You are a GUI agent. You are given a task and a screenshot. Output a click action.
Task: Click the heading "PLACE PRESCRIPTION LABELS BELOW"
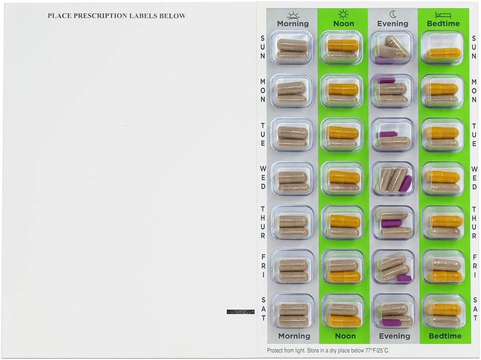[117, 16]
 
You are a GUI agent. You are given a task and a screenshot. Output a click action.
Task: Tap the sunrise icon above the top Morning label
[293, 15]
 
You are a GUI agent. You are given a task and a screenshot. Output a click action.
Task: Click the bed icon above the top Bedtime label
[443, 15]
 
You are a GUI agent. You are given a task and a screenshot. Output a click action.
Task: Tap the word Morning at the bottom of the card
[294, 336]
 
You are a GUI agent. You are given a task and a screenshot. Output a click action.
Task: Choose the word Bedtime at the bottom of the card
[445, 336]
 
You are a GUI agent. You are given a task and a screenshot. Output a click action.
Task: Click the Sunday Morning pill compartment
[292, 47]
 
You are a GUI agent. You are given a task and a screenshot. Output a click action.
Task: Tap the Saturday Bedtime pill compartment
[443, 311]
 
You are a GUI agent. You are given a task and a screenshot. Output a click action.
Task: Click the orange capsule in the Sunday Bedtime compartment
[444, 53]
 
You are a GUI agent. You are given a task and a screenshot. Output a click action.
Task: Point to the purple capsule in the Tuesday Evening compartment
[387, 134]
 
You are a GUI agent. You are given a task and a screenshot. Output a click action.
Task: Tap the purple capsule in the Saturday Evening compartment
[391, 322]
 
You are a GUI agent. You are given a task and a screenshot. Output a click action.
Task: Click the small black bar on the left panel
[240, 312]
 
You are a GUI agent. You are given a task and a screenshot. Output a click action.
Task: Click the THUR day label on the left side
[263, 222]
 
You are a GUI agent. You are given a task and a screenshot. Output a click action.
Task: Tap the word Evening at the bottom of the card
[395, 336]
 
